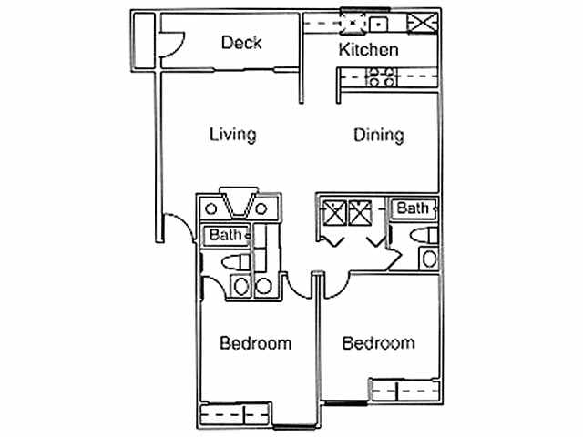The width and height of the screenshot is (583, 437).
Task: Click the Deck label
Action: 241,43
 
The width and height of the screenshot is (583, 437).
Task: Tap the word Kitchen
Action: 368,49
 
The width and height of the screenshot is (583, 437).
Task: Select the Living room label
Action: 232,135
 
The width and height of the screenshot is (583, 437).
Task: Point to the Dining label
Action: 378,136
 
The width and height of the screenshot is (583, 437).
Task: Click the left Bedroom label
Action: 256,343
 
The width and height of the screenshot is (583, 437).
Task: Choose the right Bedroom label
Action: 378,343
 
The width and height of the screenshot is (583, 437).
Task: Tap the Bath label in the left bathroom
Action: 226,235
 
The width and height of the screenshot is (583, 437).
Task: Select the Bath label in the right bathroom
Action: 413,208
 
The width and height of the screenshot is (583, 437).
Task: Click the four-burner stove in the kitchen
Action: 379,78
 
